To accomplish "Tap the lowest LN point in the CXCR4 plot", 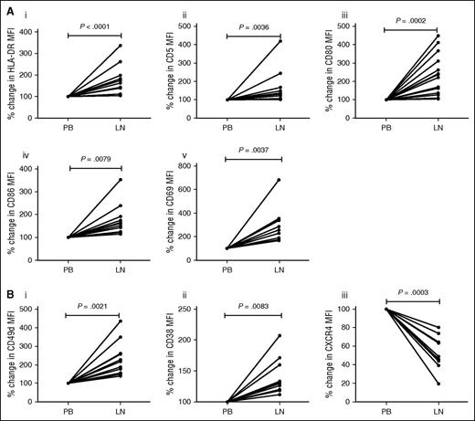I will [x=440, y=384].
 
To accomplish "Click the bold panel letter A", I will [x=8, y=8].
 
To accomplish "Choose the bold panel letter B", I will [x=8, y=294].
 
